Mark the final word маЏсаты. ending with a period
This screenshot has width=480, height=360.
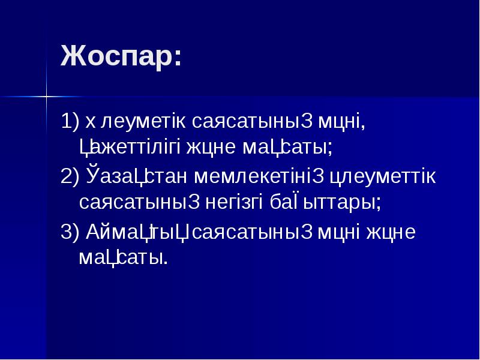(123, 257)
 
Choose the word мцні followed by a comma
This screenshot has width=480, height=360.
(343, 122)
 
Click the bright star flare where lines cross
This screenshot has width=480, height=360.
(46, 95)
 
